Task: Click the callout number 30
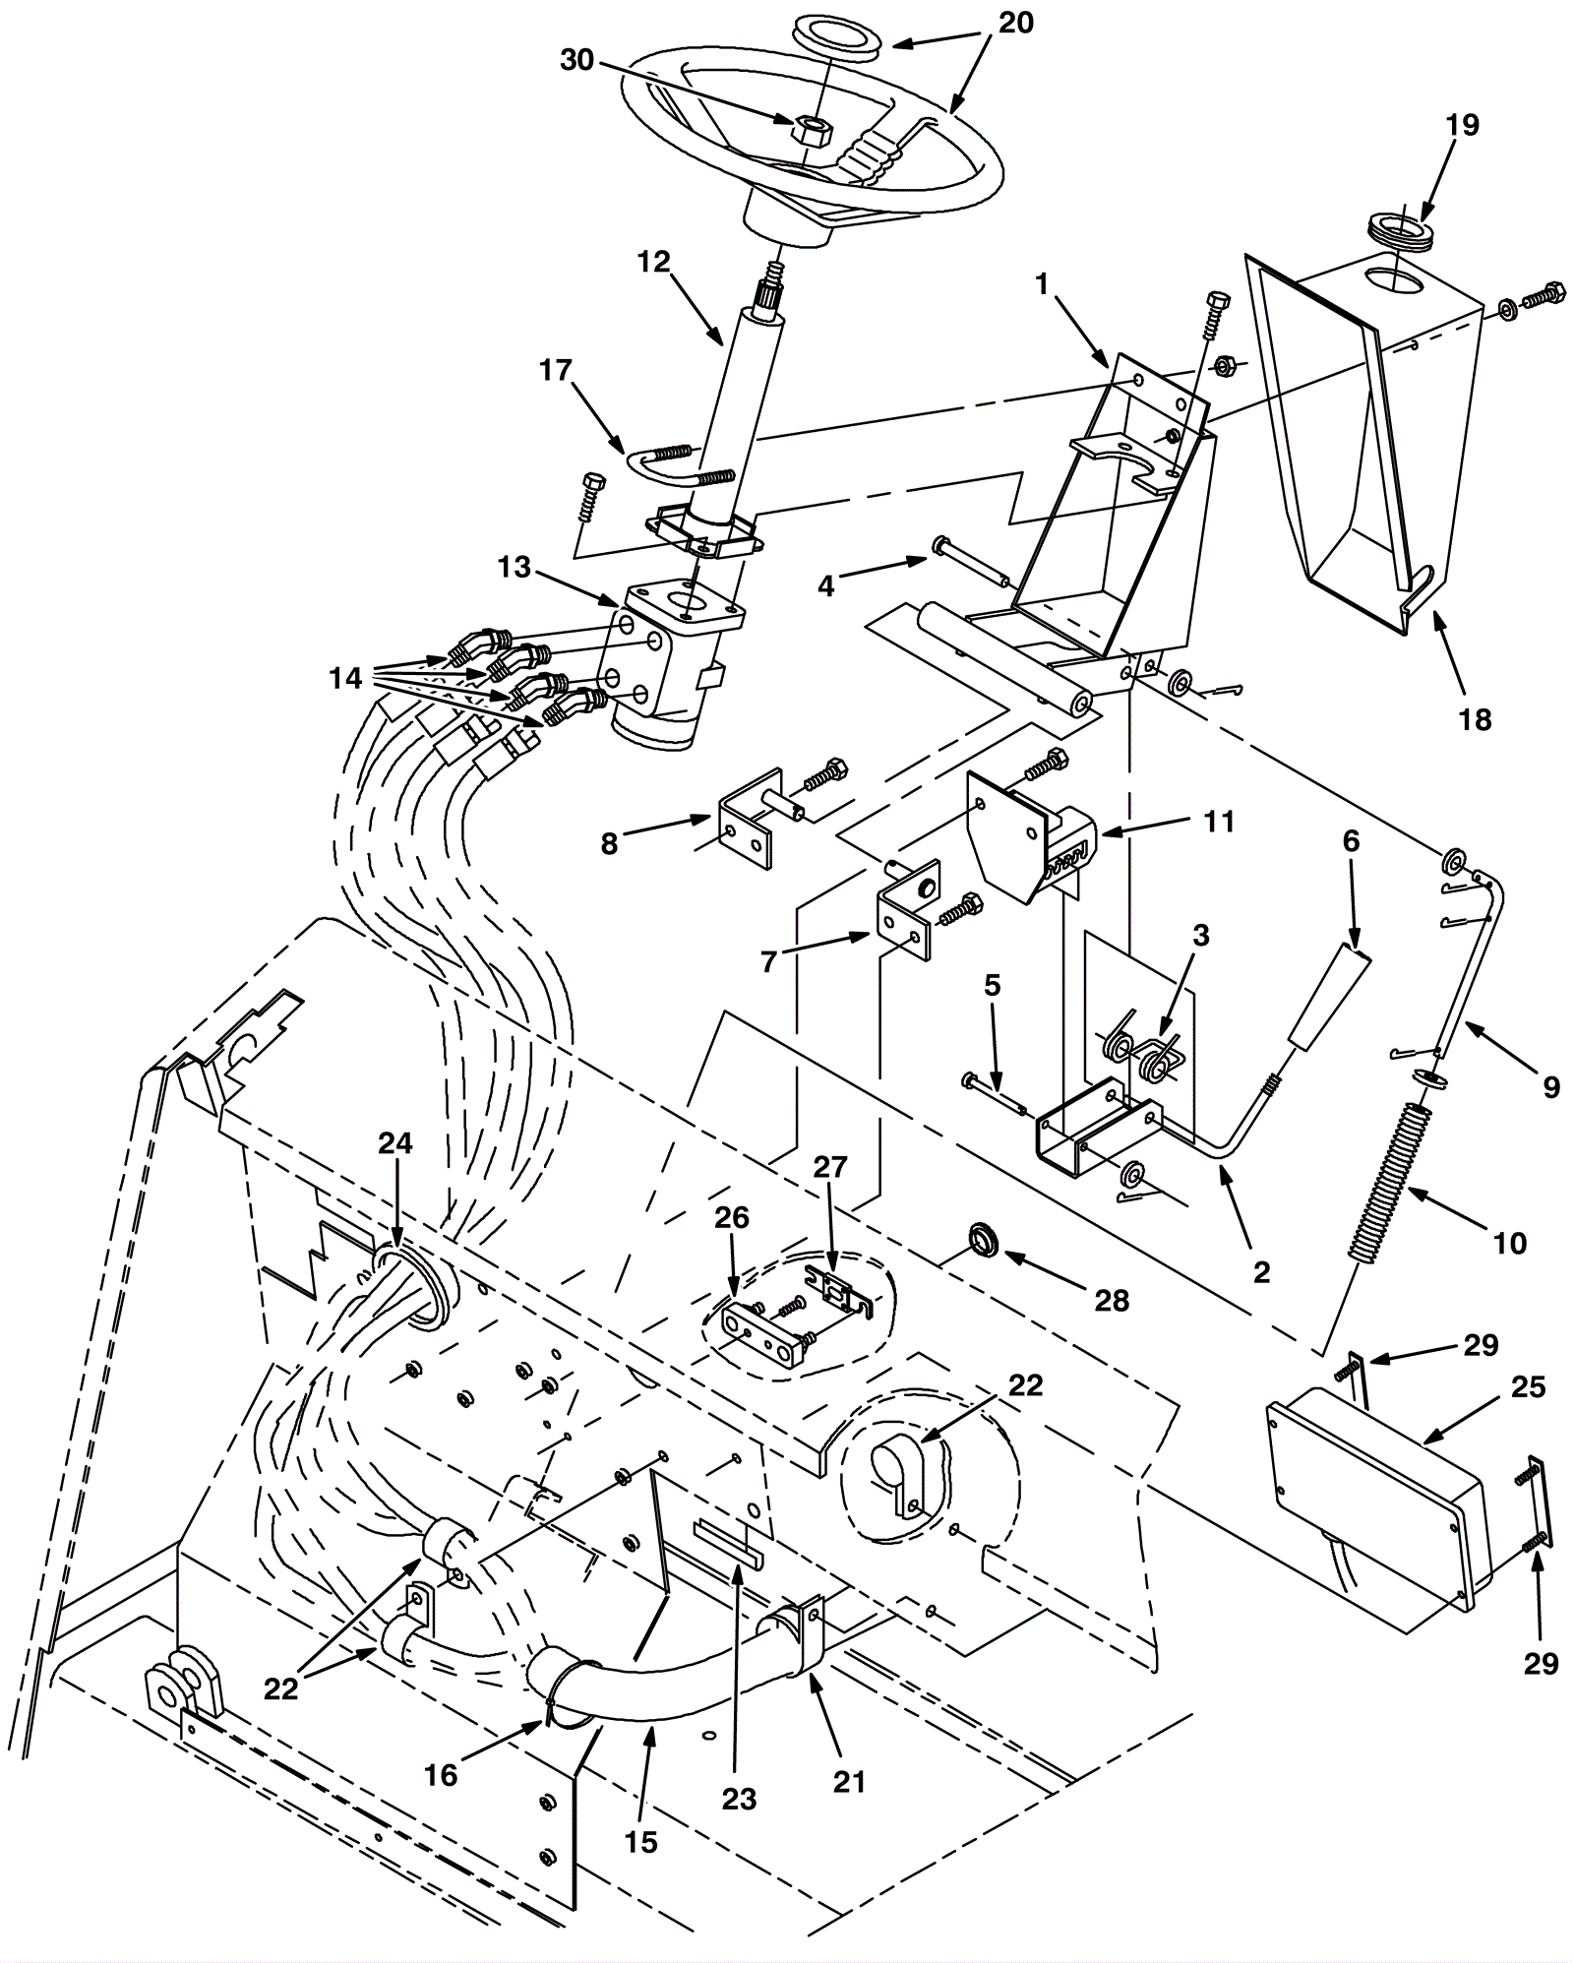(x=577, y=60)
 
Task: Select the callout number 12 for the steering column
(x=653, y=262)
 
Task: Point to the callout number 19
(x=1463, y=125)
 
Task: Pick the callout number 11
(x=1219, y=821)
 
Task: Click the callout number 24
(x=395, y=1143)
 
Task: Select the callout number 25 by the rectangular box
(x=1529, y=1387)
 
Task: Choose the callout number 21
(x=849, y=1781)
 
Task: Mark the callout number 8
(x=609, y=843)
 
